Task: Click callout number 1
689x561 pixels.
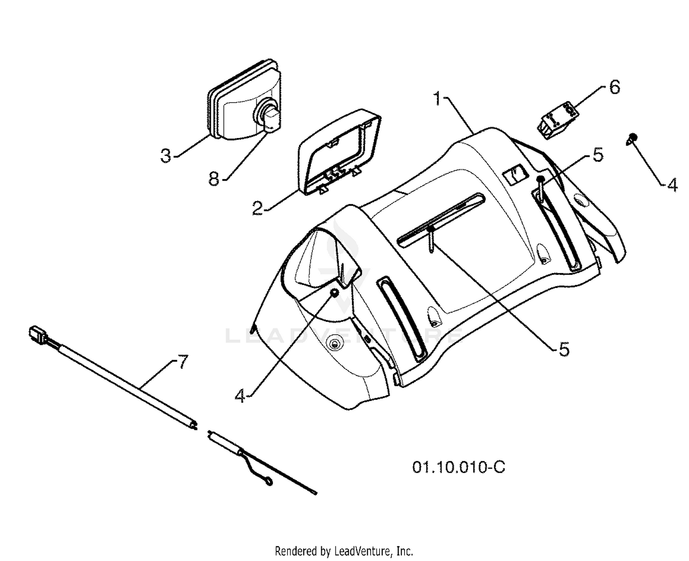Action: [437, 98]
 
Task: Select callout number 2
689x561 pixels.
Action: [258, 208]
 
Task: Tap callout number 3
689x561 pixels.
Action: [166, 156]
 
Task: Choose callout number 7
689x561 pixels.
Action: [182, 362]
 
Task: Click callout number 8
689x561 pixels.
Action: [214, 178]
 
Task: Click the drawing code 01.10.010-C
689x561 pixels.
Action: [458, 467]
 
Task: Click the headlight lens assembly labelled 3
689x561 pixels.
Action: [244, 100]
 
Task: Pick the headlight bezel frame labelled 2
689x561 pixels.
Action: [339, 152]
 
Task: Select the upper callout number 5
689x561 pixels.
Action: [598, 155]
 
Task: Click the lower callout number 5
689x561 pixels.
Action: [564, 349]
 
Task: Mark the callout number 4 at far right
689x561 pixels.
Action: [672, 185]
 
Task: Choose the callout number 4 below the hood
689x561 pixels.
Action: [240, 395]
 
